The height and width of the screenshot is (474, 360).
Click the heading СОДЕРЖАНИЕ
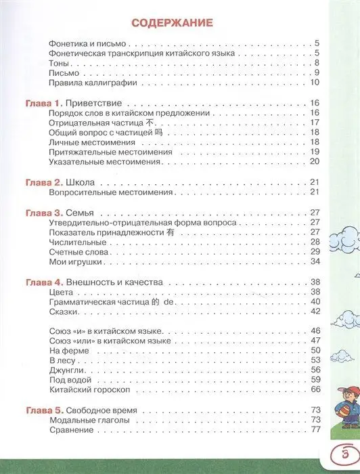tap(172, 22)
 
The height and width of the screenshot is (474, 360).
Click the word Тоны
tap(60, 63)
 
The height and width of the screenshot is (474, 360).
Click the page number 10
tap(313, 83)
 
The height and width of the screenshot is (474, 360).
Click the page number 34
tap(313, 261)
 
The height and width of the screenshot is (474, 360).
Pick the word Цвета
tap(62, 291)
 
